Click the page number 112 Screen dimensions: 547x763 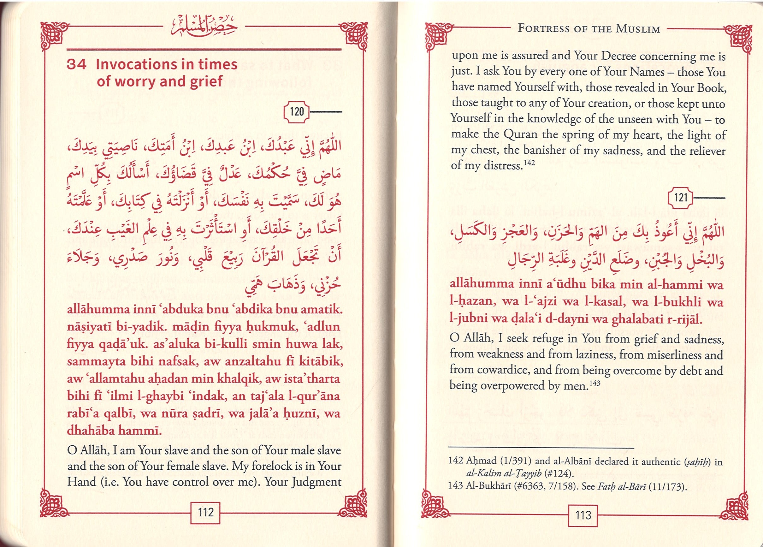pos(205,512)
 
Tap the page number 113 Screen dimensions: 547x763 pos(583,515)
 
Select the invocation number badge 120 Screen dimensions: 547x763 pos(296,112)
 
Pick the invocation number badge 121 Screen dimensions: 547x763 pos(681,197)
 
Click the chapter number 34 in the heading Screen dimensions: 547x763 pos(77,64)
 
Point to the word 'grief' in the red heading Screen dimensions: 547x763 pos(206,81)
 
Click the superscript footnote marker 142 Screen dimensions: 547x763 pos(529,163)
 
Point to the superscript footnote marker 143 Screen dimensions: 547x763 pos(595,383)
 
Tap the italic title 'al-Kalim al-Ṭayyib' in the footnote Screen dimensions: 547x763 pos(504,473)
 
